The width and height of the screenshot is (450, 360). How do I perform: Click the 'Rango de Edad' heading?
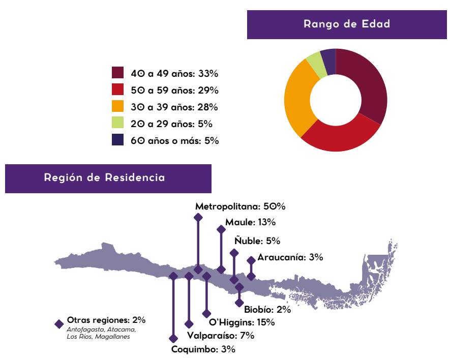[346, 24]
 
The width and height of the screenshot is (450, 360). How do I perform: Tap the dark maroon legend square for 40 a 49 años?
[117, 73]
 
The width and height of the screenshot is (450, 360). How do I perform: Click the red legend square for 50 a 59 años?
[117, 89]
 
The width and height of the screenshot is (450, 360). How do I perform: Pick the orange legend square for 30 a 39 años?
[117, 106]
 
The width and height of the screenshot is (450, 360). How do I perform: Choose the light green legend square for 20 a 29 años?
[117, 123]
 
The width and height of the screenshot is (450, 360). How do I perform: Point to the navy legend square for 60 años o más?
[117, 140]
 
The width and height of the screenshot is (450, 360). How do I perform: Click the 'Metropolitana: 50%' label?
[241, 207]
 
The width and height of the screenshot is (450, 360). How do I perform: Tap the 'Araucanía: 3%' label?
[290, 257]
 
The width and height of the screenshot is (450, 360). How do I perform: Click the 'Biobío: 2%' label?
[267, 309]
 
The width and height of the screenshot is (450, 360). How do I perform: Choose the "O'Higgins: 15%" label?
[242, 322]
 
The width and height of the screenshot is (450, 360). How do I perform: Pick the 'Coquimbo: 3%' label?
[203, 349]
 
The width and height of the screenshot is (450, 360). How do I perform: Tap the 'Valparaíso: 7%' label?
[220, 336]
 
